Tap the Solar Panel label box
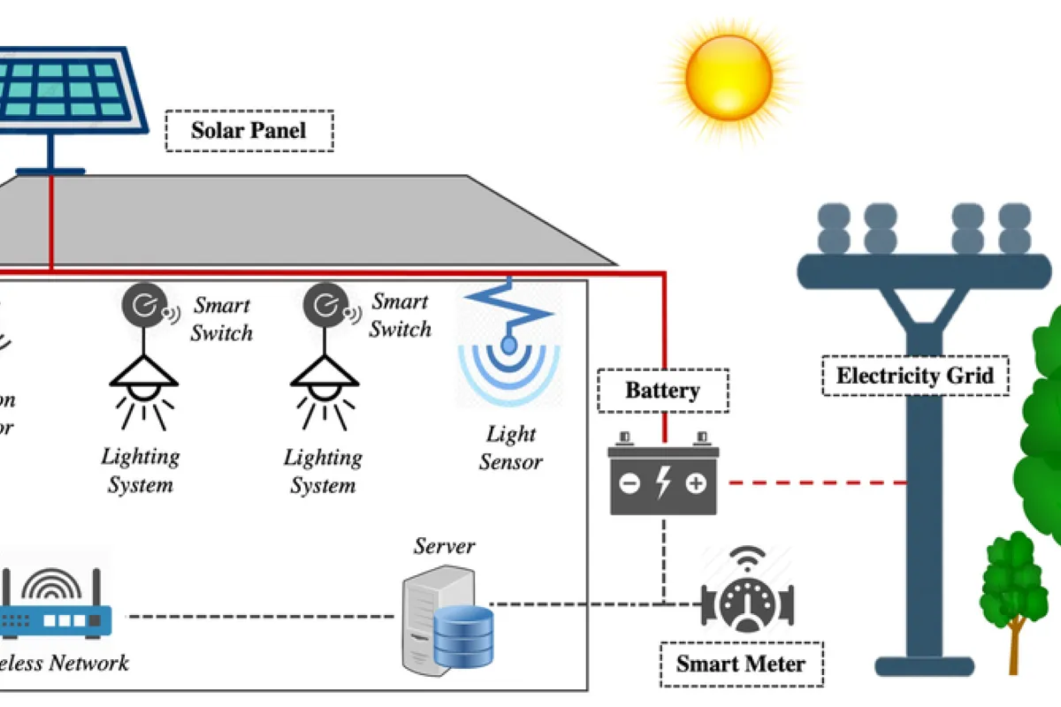[x=248, y=131]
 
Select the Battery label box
[x=662, y=391]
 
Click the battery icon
[x=663, y=478]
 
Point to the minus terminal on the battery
[x=630, y=484]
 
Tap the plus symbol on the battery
[x=696, y=484]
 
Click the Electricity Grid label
[x=914, y=376]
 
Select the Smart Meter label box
[x=741, y=664]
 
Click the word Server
[x=445, y=545]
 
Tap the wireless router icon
[x=57, y=606]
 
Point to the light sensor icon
[x=509, y=345]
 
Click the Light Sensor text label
[x=511, y=448]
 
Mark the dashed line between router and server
[x=261, y=615]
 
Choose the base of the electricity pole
[x=925, y=665]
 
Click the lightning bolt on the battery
[x=663, y=484]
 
